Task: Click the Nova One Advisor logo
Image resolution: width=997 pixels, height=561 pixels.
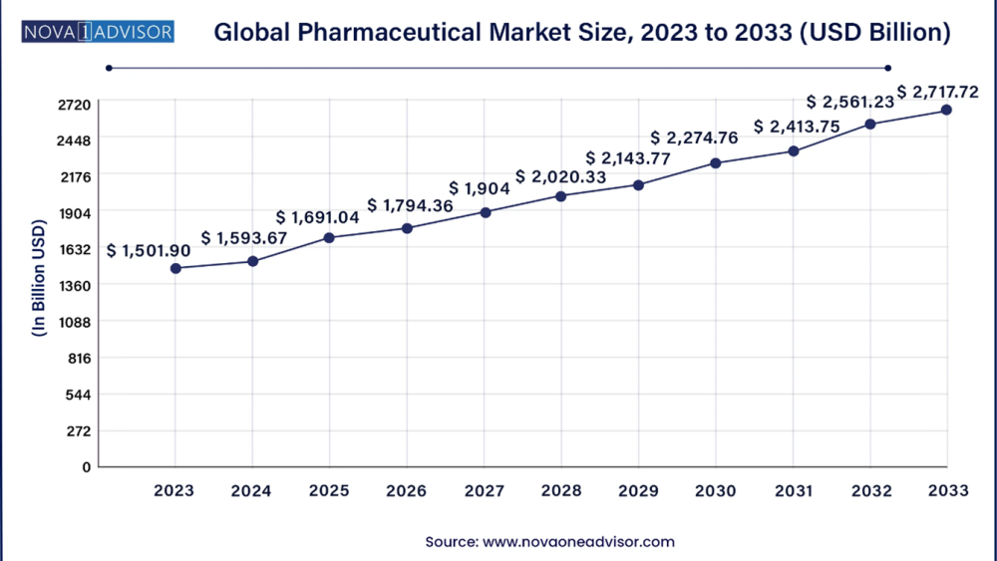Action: tap(97, 32)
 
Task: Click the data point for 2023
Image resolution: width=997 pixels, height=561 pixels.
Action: tap(175, 268)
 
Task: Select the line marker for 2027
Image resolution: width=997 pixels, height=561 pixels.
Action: tap(486, 212)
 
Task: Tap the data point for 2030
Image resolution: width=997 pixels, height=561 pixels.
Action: tap(715, 162)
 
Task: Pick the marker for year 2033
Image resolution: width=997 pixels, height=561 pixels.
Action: tap(946, 110)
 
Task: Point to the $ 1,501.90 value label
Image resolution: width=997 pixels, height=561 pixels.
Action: tap(148, 250)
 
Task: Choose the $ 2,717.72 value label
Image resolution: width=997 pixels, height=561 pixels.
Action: tap(938, 92)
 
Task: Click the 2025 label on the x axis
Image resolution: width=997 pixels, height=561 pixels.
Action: tap(329, 491)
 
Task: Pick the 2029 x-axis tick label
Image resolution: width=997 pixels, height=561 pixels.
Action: tap(638, 491)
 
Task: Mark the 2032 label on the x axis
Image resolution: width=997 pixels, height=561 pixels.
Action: tap(869, 491)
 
